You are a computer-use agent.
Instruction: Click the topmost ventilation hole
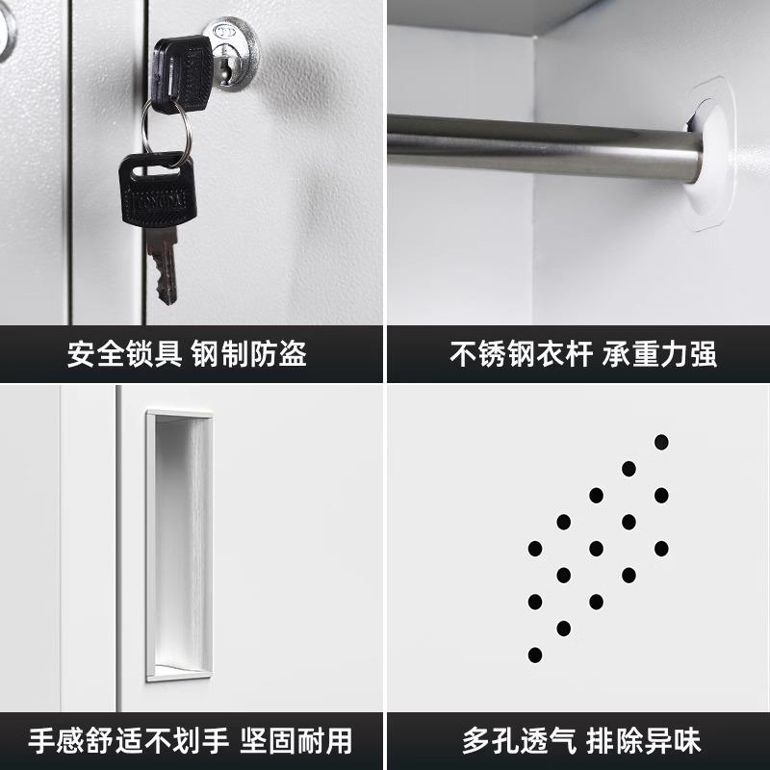661,442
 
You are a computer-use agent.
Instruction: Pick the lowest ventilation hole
535,654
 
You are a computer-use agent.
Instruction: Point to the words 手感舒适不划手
128,740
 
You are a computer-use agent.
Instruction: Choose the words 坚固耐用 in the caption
298,740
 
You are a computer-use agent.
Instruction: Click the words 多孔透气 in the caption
519,740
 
